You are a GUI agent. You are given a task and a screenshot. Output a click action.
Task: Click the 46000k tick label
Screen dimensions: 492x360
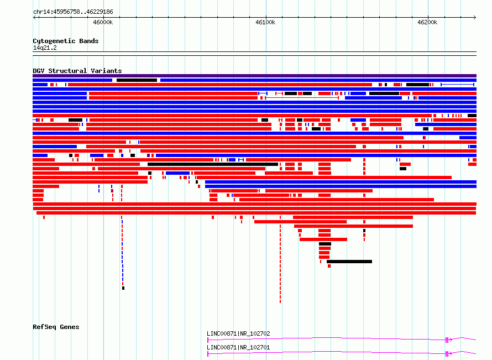pos(103,22)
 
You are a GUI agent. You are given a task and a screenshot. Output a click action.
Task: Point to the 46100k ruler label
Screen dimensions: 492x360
pos(265,22)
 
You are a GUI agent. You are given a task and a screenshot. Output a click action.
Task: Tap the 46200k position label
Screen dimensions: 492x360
pos(427,22)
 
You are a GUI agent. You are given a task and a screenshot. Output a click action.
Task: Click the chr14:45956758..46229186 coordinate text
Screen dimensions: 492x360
pos(73,12)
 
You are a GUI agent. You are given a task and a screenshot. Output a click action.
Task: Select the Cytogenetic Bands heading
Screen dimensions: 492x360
pos(66,41)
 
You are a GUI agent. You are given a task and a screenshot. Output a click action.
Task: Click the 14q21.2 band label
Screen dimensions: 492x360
pos(45,48)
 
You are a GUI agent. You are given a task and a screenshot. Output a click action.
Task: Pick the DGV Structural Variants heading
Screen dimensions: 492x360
pos(77,71)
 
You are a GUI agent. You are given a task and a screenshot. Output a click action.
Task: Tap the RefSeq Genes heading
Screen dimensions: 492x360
pos(56,327)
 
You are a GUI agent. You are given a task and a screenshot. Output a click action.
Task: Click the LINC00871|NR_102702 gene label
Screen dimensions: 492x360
pos(238,333)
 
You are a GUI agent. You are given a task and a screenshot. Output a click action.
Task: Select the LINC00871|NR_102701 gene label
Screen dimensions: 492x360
pos(238,347)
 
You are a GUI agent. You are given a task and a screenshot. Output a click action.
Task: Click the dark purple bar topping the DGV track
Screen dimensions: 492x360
pos(254,76)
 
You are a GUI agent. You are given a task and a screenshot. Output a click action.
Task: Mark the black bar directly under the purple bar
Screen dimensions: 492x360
pos(137,80)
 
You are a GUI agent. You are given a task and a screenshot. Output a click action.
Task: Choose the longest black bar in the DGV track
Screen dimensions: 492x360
pos(213,164)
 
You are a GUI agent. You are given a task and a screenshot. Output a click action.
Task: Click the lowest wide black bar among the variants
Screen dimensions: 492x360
pos(349,262)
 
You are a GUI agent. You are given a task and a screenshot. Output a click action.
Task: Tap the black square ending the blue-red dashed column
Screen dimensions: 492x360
pos(123,288)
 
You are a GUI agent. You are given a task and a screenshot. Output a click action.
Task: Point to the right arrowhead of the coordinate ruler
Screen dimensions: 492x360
pos(475,17)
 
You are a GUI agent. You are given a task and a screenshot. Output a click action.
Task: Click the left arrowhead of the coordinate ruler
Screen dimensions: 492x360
pos(34,17)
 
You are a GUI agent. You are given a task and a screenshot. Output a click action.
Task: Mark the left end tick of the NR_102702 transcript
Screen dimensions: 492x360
pos(208,340)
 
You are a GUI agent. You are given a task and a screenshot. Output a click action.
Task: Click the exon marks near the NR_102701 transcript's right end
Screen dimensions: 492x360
pos(447,354)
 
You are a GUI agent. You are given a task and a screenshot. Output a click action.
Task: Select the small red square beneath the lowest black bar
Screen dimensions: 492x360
pos(329,266)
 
